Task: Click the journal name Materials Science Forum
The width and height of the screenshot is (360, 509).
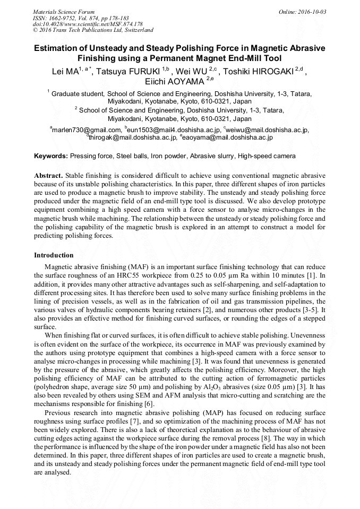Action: click(x=64, y=11)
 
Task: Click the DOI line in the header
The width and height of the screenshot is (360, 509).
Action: click(x=88, y=24)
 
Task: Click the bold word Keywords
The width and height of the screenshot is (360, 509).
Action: click(x=50, y=156)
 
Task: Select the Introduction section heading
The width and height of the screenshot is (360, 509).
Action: click(x=54, y=255)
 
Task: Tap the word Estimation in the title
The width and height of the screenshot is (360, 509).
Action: click(x=60, y=48)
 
